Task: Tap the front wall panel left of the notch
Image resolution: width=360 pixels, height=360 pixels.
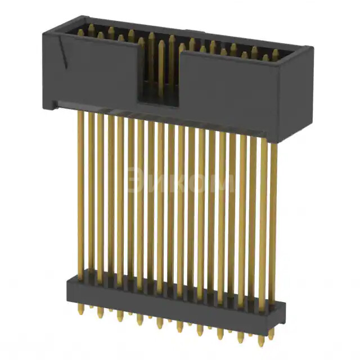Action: pyautogui.click(x=93, y=73)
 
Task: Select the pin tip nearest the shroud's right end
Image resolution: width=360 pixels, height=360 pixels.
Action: pyautogui.click(x=276, y=54)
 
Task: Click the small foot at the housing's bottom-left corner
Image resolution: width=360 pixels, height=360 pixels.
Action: pyautogui.click(x=51, y=103)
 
